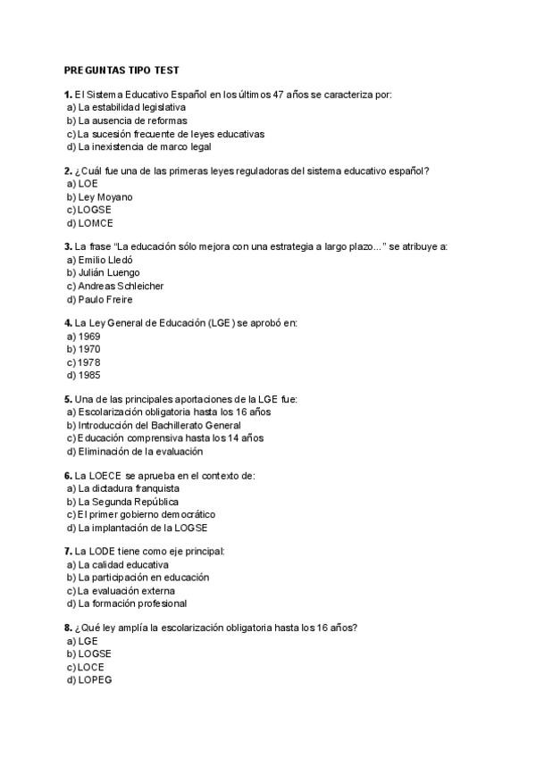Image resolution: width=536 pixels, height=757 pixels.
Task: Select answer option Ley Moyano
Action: point(105,196)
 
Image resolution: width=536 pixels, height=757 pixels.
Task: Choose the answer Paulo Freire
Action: point(105,299)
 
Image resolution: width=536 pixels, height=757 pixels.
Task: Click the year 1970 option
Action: point(89,349)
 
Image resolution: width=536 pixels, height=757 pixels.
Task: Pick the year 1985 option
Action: point(89,375)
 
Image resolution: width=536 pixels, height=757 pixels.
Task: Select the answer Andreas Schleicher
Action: point(121,286)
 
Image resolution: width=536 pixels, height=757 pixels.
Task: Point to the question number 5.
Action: point(68,399)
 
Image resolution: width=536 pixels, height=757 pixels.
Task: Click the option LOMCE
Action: point(96,223)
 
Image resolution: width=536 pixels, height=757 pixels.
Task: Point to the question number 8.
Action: point(68,628)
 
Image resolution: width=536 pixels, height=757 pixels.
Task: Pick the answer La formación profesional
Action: point(132,603)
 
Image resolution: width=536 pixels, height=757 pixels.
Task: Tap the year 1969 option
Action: point(89,337)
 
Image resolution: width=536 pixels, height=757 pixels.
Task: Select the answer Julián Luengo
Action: point(109,272)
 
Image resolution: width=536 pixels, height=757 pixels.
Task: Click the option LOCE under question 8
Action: point(91,667)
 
